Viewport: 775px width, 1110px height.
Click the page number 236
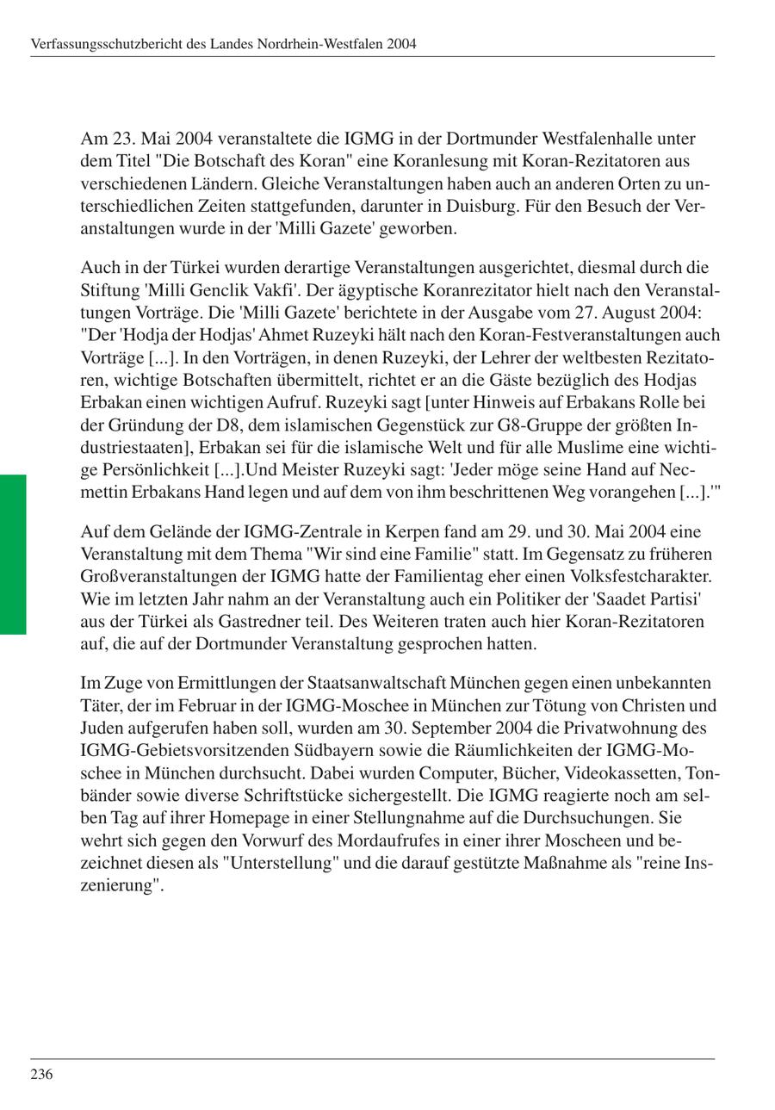(x=41, y=1074)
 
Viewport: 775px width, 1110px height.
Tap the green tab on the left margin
(x=13, y=554)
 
